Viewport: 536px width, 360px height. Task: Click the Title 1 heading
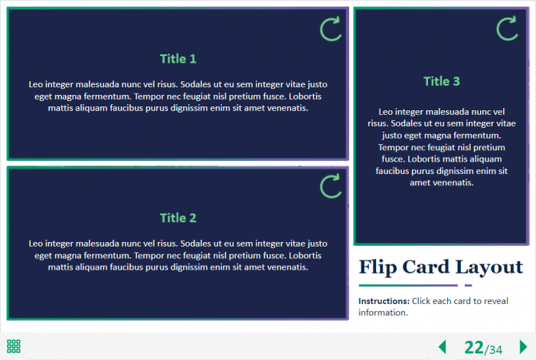[x=178, y=59]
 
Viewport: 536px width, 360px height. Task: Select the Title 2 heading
[x=178, y=218]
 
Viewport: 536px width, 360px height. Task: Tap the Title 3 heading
[x=442, y=81]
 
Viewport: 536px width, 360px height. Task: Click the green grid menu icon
[x=14, y=346]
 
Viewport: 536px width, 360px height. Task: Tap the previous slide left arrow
[x=443, y=347]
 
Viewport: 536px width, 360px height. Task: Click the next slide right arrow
[x=523, y=347]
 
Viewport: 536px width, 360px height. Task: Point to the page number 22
[x=474, y=347]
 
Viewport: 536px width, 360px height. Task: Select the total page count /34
[x=493, y=349]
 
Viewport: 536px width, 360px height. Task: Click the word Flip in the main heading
[x=377, y=267]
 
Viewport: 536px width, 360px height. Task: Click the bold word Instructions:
[x=384, y=301]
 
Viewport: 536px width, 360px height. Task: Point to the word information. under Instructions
[x=383, y=313]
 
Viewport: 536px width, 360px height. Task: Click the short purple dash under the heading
[x=469, y=285]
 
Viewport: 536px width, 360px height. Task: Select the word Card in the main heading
[x=426, y=267]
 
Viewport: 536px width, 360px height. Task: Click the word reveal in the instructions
[x=495, y=301]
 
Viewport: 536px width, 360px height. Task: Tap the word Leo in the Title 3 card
[x=386, y=112]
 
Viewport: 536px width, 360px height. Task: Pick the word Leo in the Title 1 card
[x=35, y=84]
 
